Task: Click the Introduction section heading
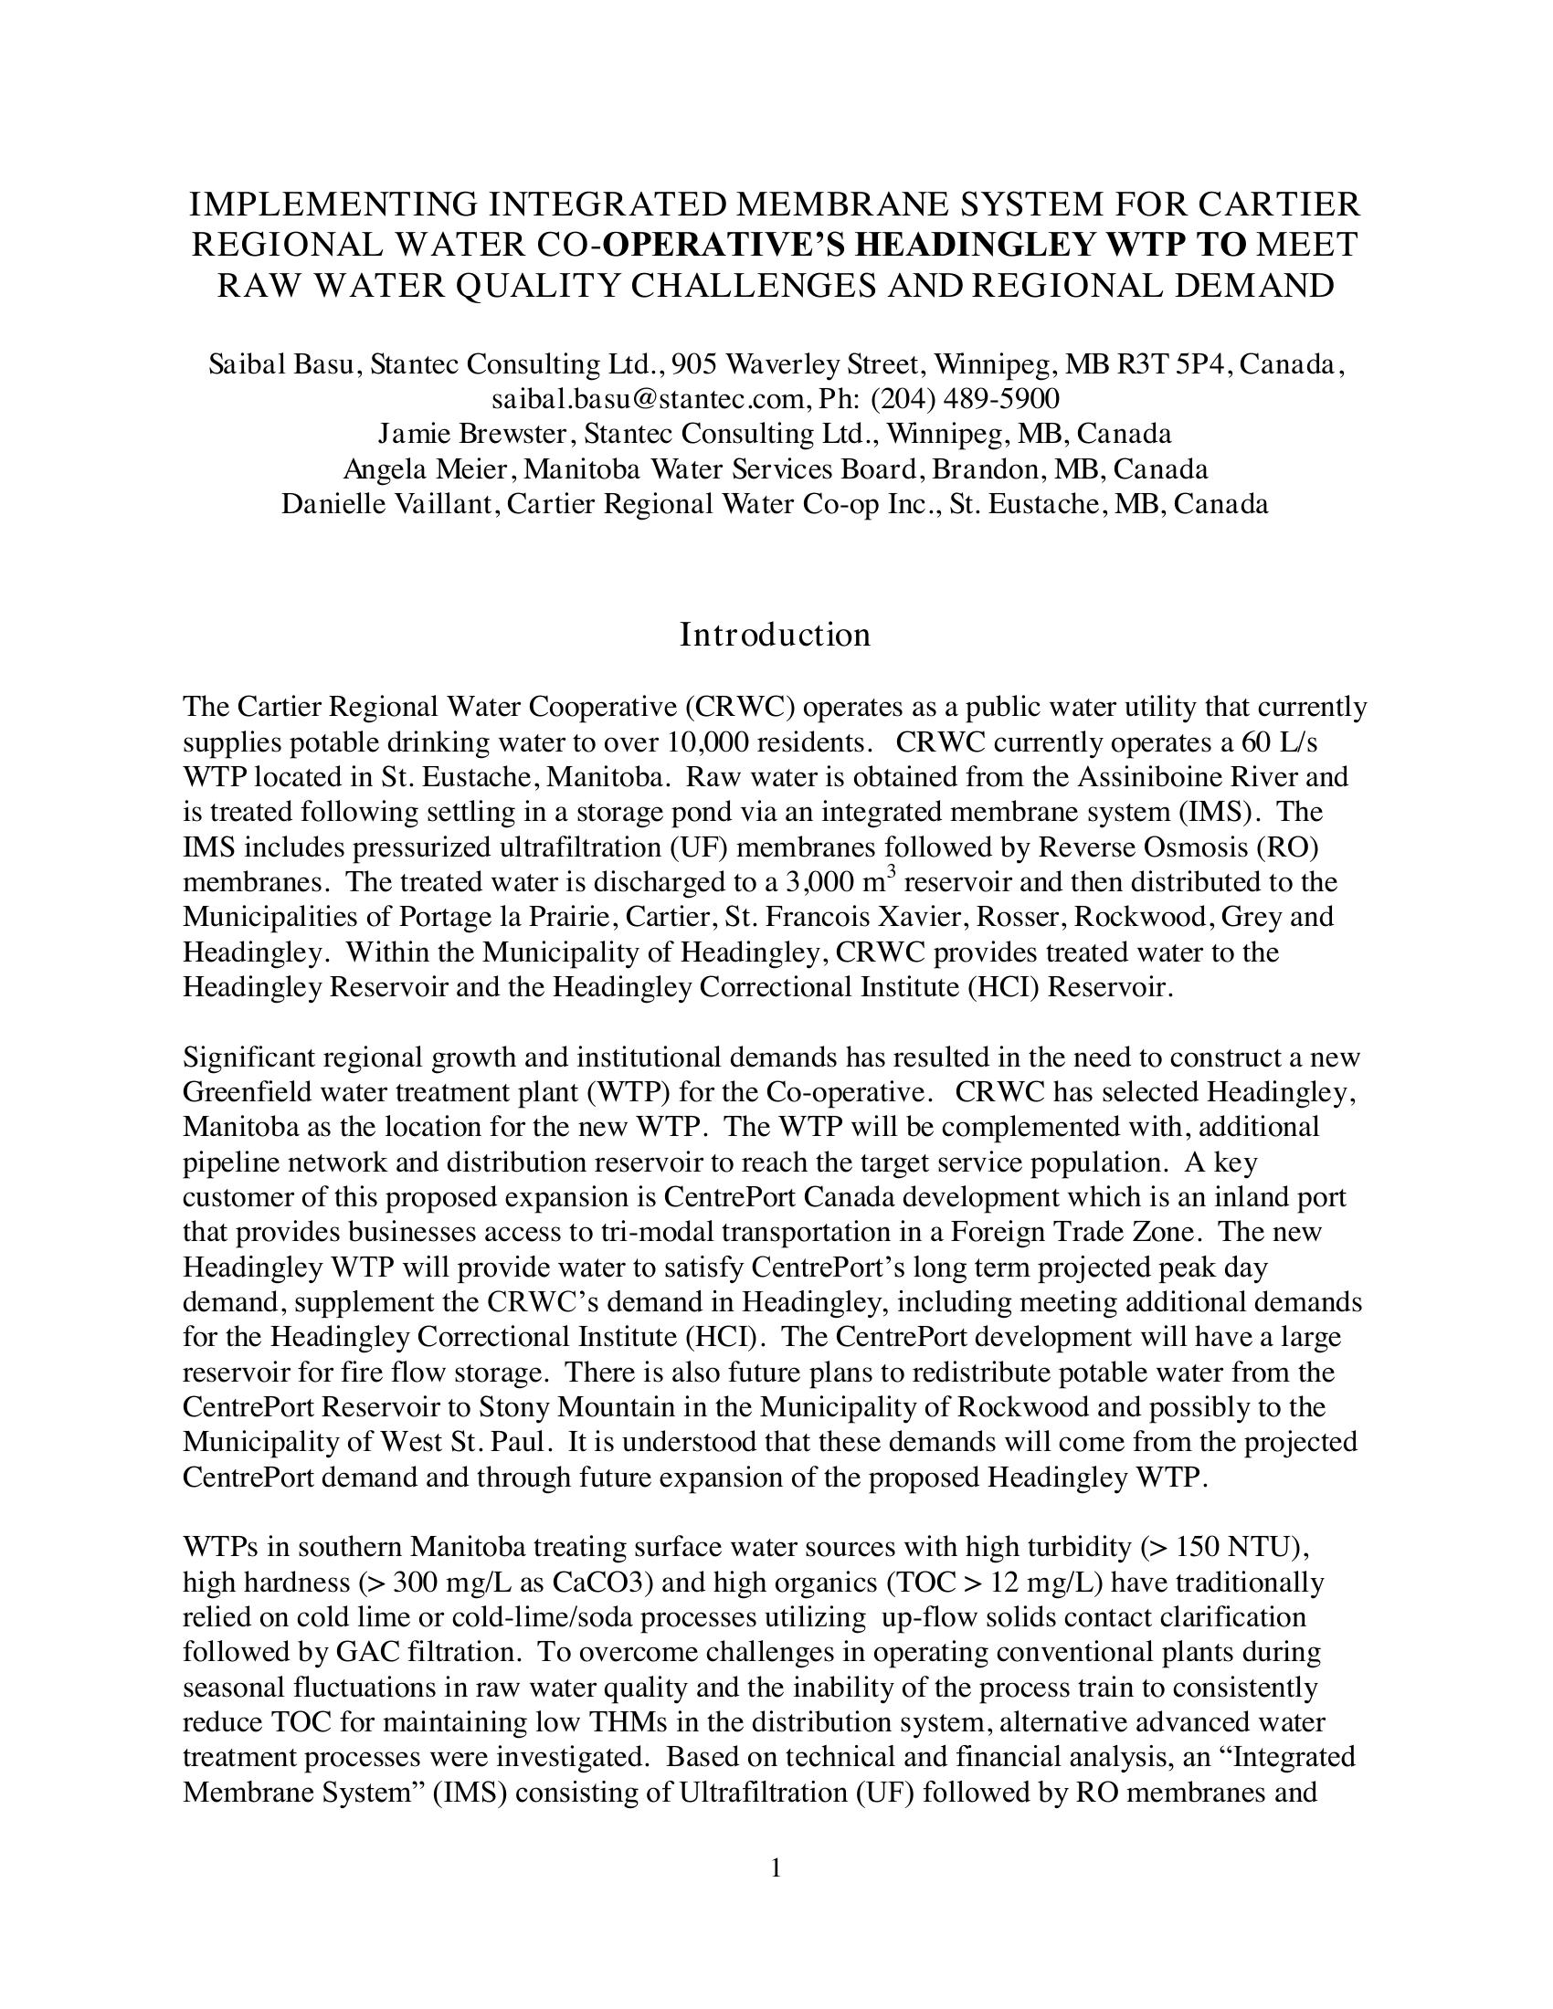point(775,635)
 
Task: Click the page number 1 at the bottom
point(776,1867)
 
